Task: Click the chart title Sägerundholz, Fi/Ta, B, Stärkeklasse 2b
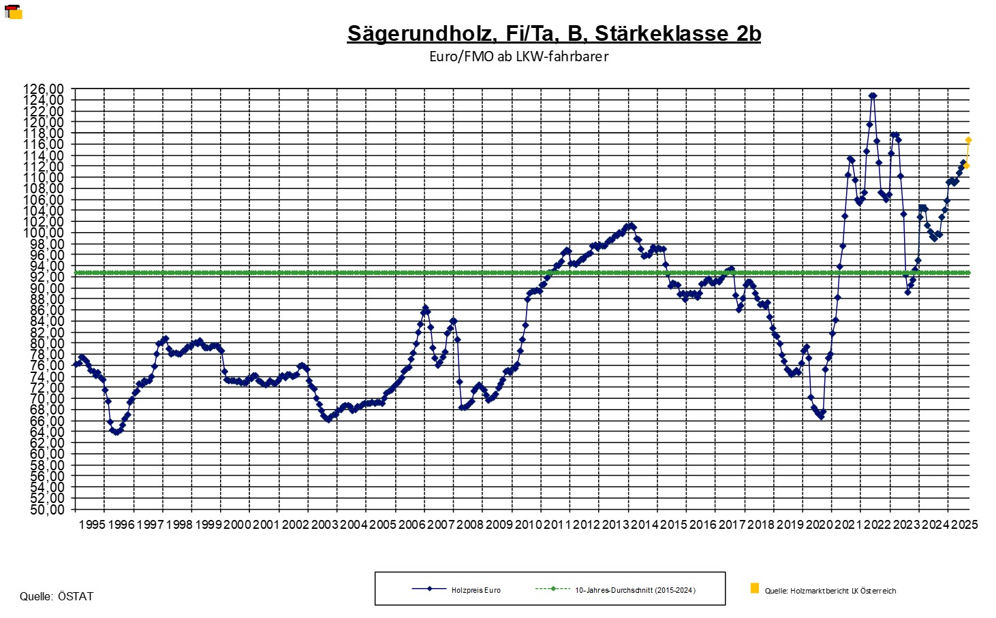coord(553,33)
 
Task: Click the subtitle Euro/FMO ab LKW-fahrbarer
coord(518,56)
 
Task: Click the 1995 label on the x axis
coord(91,525)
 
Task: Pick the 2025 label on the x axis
coord(965,525)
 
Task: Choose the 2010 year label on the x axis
coord(528,525)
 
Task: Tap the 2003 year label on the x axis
coord(324,525)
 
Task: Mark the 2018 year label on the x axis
coord(761,525)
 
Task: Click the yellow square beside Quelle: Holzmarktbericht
coord(754,588)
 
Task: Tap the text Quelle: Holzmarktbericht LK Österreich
coord(830,591)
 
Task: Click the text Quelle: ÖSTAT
coord(57,597)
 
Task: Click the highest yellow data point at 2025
coord(968,140)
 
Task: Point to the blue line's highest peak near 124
coord(873,96)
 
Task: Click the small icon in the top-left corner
coord(14,12)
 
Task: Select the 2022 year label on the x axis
coord(877,525)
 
